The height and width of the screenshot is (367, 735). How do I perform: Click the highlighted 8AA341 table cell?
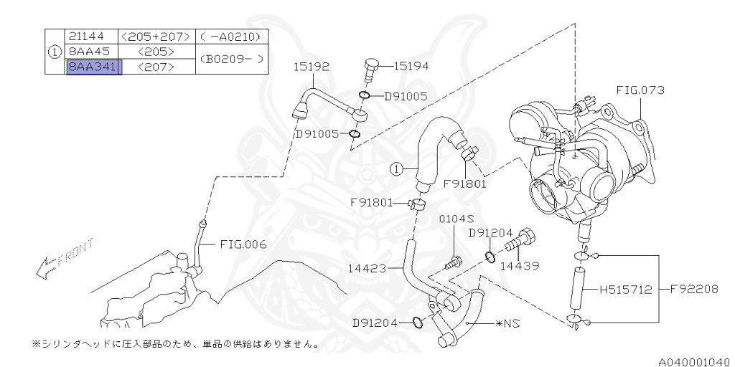click(94, 67)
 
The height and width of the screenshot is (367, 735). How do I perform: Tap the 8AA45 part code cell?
click(89, 52)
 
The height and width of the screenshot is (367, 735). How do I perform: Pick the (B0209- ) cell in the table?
click(232, 59)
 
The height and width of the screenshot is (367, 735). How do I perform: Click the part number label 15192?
click(311, 67)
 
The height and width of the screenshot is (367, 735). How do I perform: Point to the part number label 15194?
click(411, 67)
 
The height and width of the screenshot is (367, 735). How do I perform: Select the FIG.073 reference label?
click(640, 90)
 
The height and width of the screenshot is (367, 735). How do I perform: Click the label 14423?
click(367, 269)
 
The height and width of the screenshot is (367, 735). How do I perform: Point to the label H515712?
click(626, 290)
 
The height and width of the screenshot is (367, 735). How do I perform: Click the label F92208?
click(694, 290)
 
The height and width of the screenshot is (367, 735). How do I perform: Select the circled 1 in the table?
click(54, 52)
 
